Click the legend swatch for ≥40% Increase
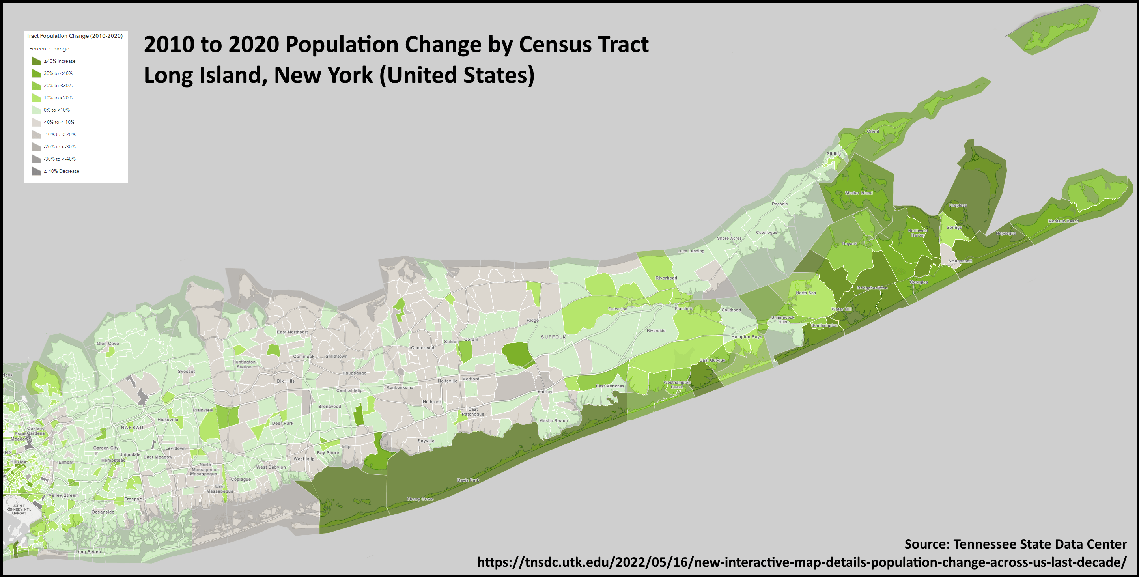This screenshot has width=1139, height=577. point(36,61)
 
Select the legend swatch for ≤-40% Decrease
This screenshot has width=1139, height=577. point(36,171)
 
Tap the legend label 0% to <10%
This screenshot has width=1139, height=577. point(57,110)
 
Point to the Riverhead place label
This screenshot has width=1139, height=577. point(666,278)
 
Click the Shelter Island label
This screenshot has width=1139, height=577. point(858,193)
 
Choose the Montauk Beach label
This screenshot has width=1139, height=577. point(1063,221)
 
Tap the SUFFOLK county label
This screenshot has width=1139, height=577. point(553,337)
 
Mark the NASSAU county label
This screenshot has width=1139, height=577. point(132,428)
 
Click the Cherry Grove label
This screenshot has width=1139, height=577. point(420,499)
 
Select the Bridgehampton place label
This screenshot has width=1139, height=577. point(872,288)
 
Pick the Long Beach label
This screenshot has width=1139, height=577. point(88,552)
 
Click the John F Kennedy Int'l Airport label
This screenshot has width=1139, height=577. point(19,509)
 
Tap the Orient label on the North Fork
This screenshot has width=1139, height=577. point(873,131)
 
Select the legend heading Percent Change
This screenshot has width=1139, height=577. point(49,49)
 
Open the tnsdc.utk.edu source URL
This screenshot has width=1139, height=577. point(802,562)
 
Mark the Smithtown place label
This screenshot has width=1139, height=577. point(336,357)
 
